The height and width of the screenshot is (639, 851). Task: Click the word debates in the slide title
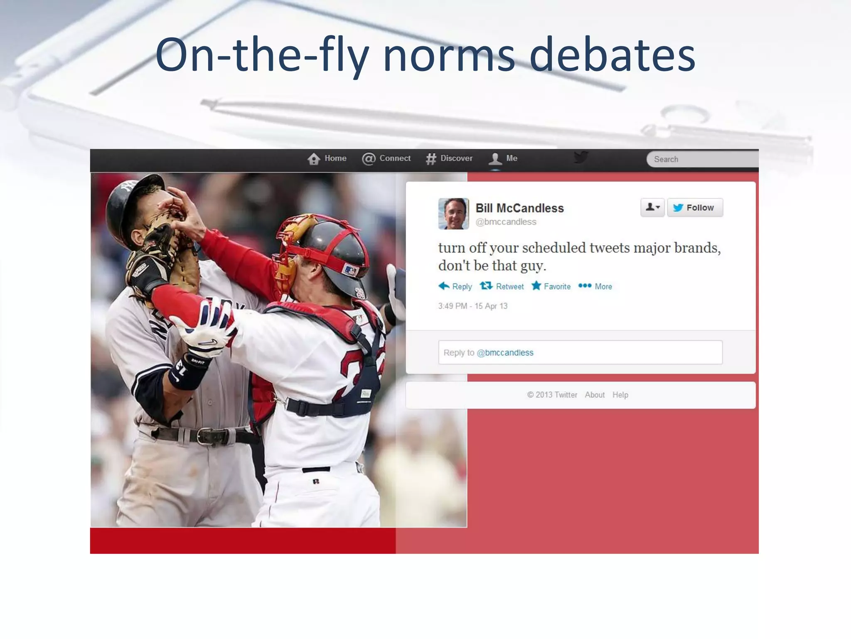(612, 55)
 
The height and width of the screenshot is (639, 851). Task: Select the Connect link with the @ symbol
(386, 159)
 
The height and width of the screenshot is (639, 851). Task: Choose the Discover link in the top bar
(450, 159)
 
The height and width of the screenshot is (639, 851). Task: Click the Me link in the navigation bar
(504, 159)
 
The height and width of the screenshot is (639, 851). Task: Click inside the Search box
(702, 159)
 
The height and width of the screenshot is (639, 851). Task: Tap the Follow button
(695, 208)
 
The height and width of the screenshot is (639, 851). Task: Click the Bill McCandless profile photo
(453, 213)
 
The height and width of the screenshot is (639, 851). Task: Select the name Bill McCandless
(519, 208)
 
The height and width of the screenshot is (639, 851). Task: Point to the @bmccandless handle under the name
(506, 222)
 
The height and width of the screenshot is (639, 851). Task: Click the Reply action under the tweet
(455, 286)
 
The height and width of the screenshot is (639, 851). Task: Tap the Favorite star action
(551, 286)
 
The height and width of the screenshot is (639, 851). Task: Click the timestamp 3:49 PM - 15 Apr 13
(472, 306)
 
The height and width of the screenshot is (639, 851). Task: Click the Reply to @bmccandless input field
(580, 352)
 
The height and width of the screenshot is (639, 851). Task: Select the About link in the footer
(595, 395)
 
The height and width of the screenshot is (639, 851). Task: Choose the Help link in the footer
(620, 395)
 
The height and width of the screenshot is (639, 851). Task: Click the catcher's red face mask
(291, 250)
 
